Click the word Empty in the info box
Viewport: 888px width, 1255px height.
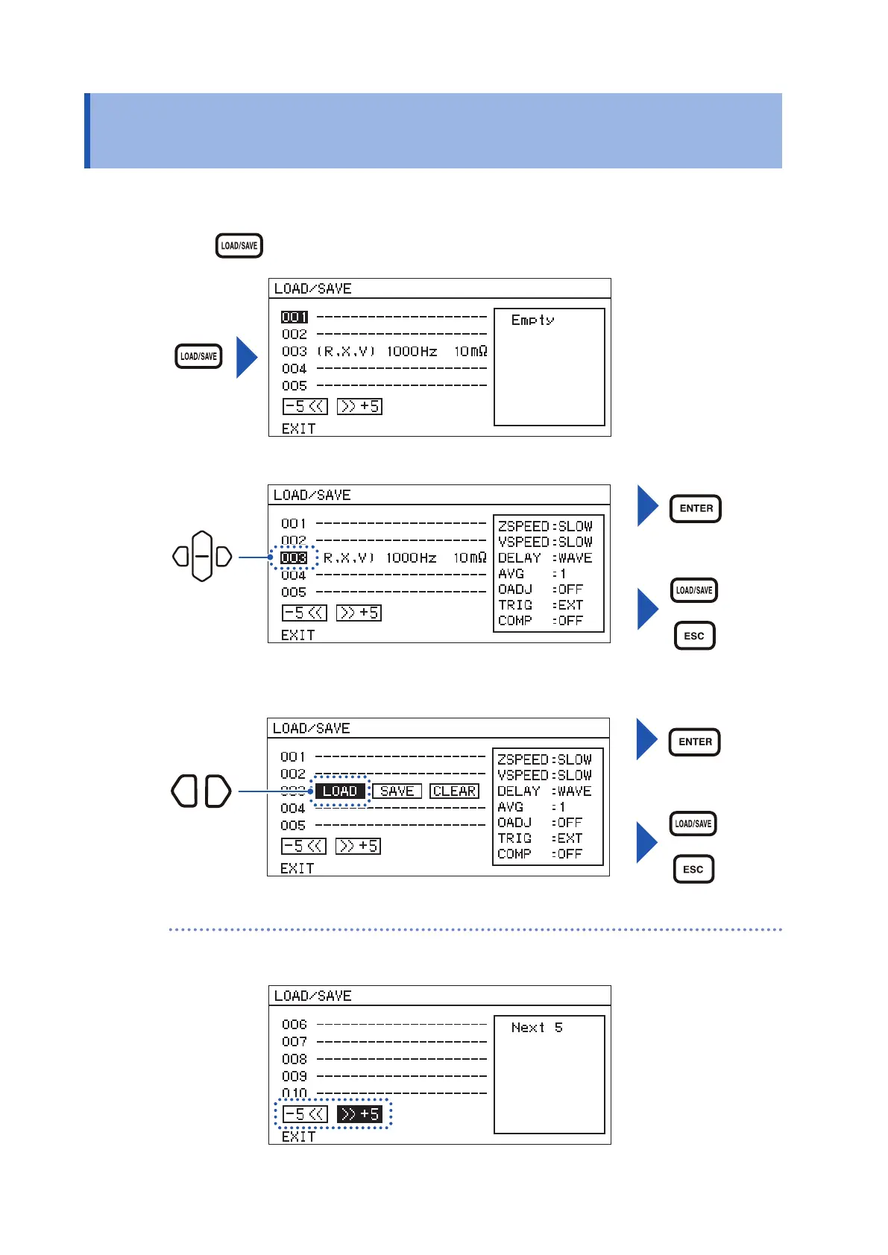click(x=532, y=320)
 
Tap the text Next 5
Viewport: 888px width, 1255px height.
click(x=537, y=1028)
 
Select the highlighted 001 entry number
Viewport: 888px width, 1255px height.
click(x=295, y=317)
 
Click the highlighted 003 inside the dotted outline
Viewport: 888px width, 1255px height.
click(x=294, y=557)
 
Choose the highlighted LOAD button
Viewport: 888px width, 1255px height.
click(x=340, y=791)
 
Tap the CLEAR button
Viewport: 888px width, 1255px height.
click(x=455, y=791)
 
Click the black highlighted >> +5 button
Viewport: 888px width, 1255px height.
click(x=359, y=1114)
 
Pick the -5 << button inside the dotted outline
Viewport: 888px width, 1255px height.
click(x=304, y=1114)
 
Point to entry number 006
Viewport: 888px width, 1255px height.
click(x=295, y=1025)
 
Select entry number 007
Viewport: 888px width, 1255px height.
click(x=295, y=1042)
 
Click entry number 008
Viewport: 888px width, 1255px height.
click(x=295, y=1059)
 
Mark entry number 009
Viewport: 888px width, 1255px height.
click(x=295, y=1076)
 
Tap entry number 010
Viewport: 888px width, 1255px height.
click(x=295, y=1093)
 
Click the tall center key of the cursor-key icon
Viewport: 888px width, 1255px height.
click(x=202, y=556)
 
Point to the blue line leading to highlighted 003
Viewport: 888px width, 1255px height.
click(x=254, y=557)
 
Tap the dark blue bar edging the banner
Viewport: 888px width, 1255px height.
click(x=87, y=130)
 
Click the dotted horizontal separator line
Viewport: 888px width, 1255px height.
click(x=476, y=930)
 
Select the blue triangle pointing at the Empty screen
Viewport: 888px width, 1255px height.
click(x=246, y=357)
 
